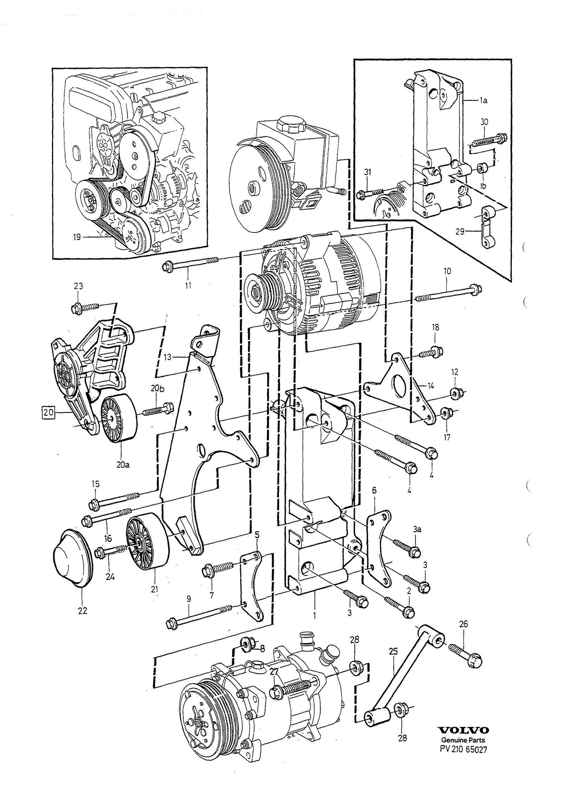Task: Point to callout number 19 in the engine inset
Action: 77,237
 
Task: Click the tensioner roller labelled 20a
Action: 119,419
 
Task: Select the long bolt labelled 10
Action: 449,294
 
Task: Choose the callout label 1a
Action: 483,100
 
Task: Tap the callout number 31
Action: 367,172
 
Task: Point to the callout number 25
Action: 393,652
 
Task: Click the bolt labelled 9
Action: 199,616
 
